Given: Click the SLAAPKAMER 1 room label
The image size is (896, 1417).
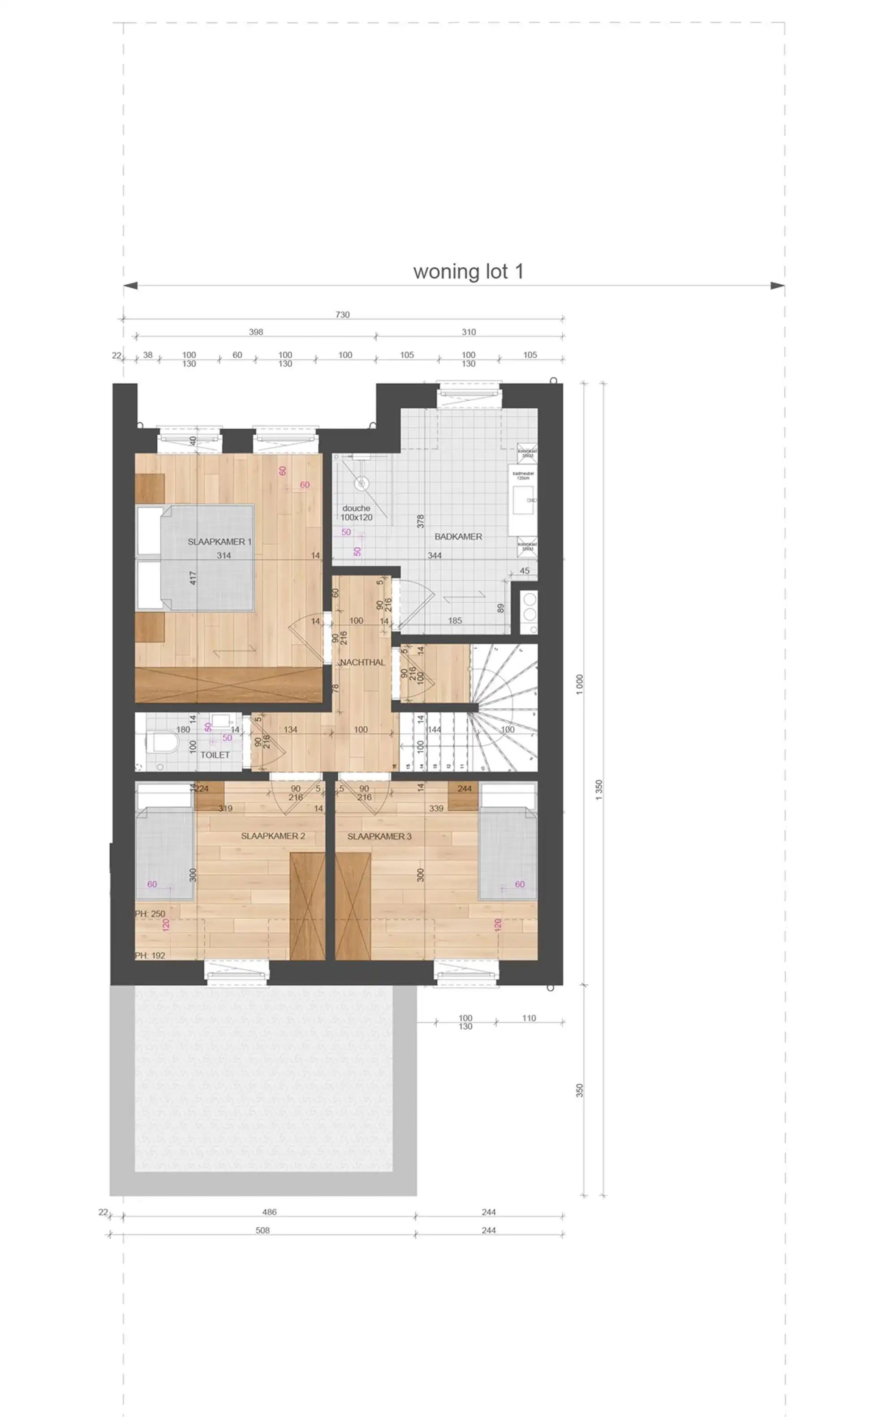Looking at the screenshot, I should pos(219,541).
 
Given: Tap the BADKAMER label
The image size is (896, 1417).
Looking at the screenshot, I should pos(458,537).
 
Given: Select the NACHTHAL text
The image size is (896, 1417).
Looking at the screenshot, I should pos(362,662).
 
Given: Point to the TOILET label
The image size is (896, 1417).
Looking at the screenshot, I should pos(215,754).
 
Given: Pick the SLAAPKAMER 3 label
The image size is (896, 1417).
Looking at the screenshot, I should pos(379,836).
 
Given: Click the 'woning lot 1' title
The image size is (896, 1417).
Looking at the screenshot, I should pos(468,271).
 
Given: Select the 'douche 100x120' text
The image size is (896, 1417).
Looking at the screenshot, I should pos(356,513).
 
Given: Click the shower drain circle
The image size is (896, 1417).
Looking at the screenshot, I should pos(361,483).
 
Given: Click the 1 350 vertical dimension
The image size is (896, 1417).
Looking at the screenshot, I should pos(599,790).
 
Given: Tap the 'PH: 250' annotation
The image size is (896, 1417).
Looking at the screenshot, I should pos(150,914).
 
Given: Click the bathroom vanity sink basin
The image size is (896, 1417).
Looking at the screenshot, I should pos(523,500).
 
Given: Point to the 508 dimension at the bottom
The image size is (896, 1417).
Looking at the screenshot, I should pos(263,1230).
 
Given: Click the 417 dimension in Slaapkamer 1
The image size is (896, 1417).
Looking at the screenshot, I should pos(193,578).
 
